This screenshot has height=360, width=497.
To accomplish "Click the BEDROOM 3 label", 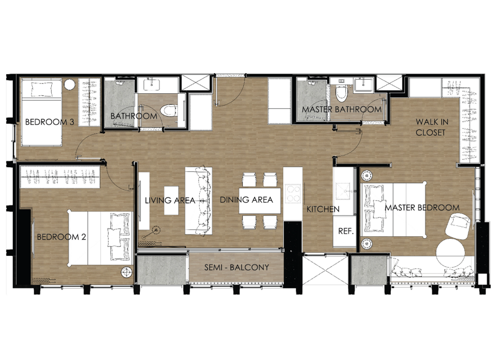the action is point(50,122).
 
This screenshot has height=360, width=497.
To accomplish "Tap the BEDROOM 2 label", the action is point(62,237).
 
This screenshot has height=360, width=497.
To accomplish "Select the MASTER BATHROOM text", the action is point(342,109).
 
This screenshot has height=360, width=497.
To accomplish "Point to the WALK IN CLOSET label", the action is point(432,127).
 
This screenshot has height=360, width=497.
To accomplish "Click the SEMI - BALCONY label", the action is point(237,267).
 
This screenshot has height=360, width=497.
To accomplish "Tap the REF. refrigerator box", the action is point(345,231).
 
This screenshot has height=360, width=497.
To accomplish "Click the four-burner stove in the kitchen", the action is point(293,194).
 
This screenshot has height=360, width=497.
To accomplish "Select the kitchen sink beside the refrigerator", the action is point(343,192).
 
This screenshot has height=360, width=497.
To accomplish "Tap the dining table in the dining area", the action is point(259,200).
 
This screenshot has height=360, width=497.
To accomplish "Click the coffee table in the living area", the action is point(171,200).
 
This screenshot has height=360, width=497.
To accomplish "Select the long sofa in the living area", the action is point(199,201).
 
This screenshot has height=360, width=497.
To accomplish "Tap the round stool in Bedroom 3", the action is point(69,84).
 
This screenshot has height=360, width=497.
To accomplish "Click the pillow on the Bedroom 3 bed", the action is point(41,89).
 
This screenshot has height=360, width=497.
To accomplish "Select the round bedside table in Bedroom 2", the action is point(127,272).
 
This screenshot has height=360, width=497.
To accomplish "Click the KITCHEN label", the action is point(323,209).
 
